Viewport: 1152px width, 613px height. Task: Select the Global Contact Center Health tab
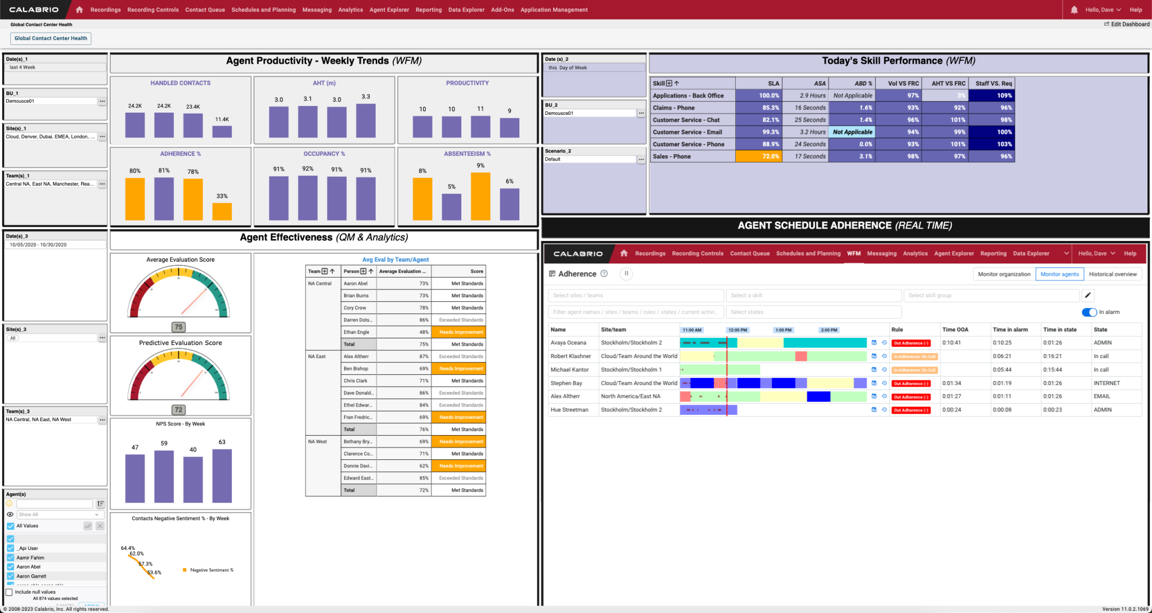tap(51, 38)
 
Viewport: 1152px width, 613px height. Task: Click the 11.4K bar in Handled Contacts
tap(222, 131)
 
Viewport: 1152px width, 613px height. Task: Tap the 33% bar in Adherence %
tap(222, 211)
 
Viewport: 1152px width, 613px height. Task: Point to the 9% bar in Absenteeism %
tap(480, 196)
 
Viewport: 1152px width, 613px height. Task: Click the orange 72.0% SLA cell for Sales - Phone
tap(758, 156)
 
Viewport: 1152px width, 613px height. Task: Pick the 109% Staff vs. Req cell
tap(992, 96)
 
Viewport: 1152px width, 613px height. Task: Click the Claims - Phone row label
tap(673, 108)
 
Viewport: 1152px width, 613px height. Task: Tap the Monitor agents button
tap(1059, 274)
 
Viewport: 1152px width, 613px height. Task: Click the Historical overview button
tap(1113, 274)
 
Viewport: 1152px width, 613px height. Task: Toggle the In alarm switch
tap(1089, 312)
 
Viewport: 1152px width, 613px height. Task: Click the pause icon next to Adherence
tap(626, 274)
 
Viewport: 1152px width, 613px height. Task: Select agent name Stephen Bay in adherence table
tap(566, 383)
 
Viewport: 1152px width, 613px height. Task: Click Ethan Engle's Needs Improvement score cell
tap(461, 332)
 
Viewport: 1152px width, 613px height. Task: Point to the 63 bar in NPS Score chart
tap(222, 476)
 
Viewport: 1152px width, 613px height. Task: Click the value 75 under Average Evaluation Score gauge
tap(178, 327)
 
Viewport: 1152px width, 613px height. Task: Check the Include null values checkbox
tap(10, 592)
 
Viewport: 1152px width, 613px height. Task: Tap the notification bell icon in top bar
tap(1074, 10)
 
